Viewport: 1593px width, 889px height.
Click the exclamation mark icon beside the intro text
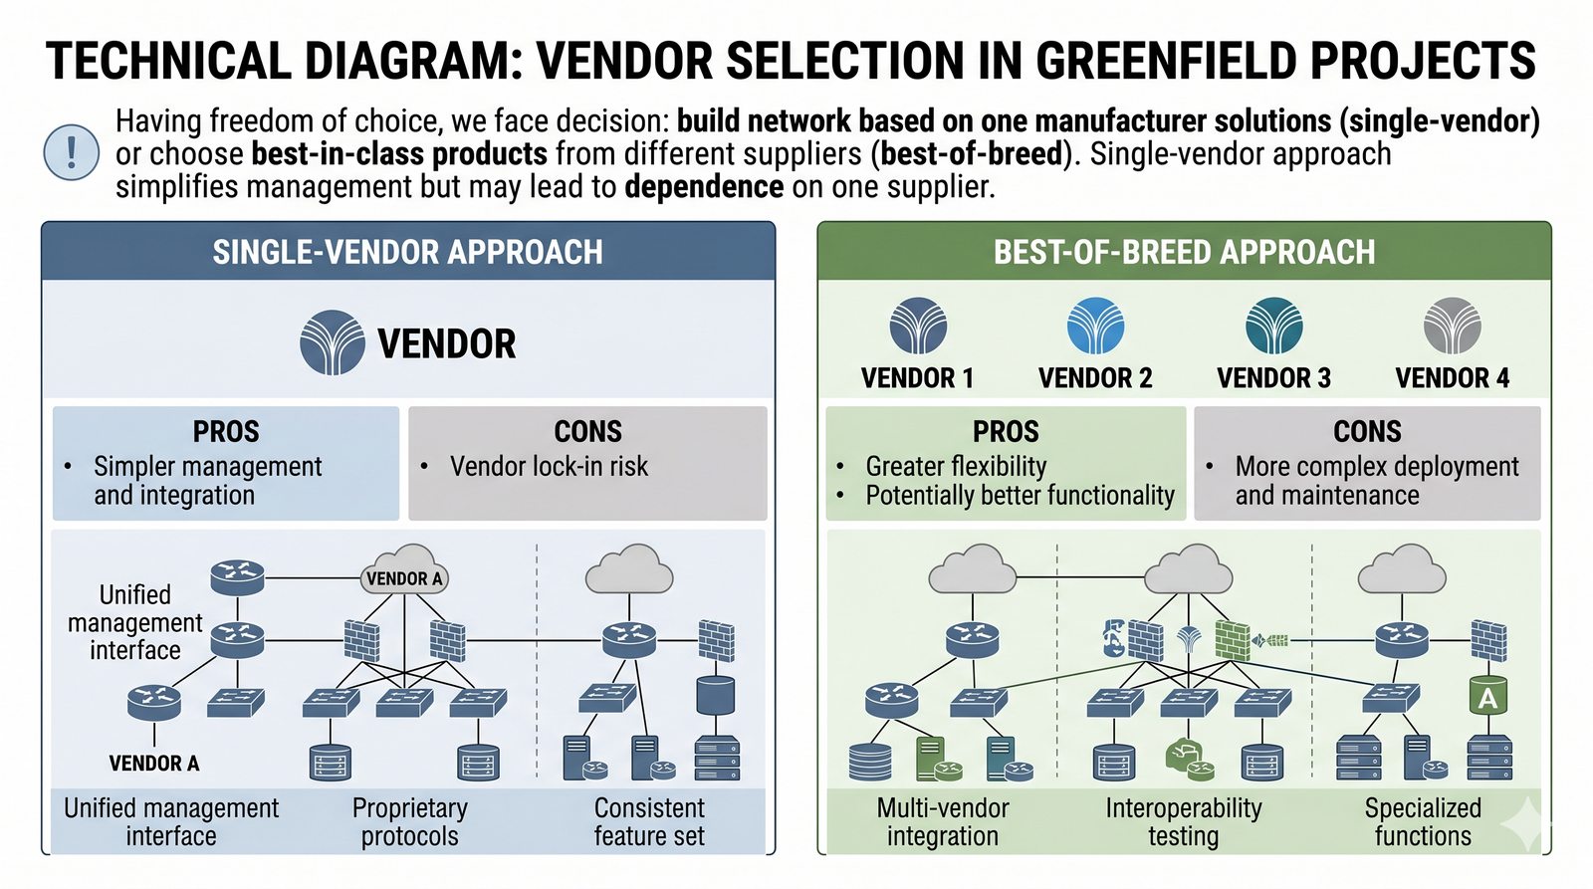coord(72,153)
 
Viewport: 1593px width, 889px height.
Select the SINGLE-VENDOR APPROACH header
coord(407,252)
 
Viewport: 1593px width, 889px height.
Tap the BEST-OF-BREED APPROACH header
coord(1184,252)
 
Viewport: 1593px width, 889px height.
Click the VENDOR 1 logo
coord(918,326)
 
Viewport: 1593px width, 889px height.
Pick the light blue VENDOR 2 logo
coord(1095,326)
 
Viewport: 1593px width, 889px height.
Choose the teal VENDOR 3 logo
coord(1273,326)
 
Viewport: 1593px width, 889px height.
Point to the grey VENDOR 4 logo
coord(1452,326)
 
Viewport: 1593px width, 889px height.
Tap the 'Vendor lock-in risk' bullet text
coord(549,466)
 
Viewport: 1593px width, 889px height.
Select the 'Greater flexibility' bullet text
coord(956,466)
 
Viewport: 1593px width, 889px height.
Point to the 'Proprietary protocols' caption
coord(409,822)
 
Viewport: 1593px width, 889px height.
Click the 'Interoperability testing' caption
coord(1183,822)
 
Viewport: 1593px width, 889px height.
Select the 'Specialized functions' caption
coord(1423,822)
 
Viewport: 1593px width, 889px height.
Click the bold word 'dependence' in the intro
coord(704,187)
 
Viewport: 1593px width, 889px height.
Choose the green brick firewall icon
coord(1233,640)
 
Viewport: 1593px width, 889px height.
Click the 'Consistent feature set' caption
coord(649,822)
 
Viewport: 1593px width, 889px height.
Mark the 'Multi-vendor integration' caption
coord(943,822)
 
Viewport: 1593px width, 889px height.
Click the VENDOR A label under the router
coord(154,764)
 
